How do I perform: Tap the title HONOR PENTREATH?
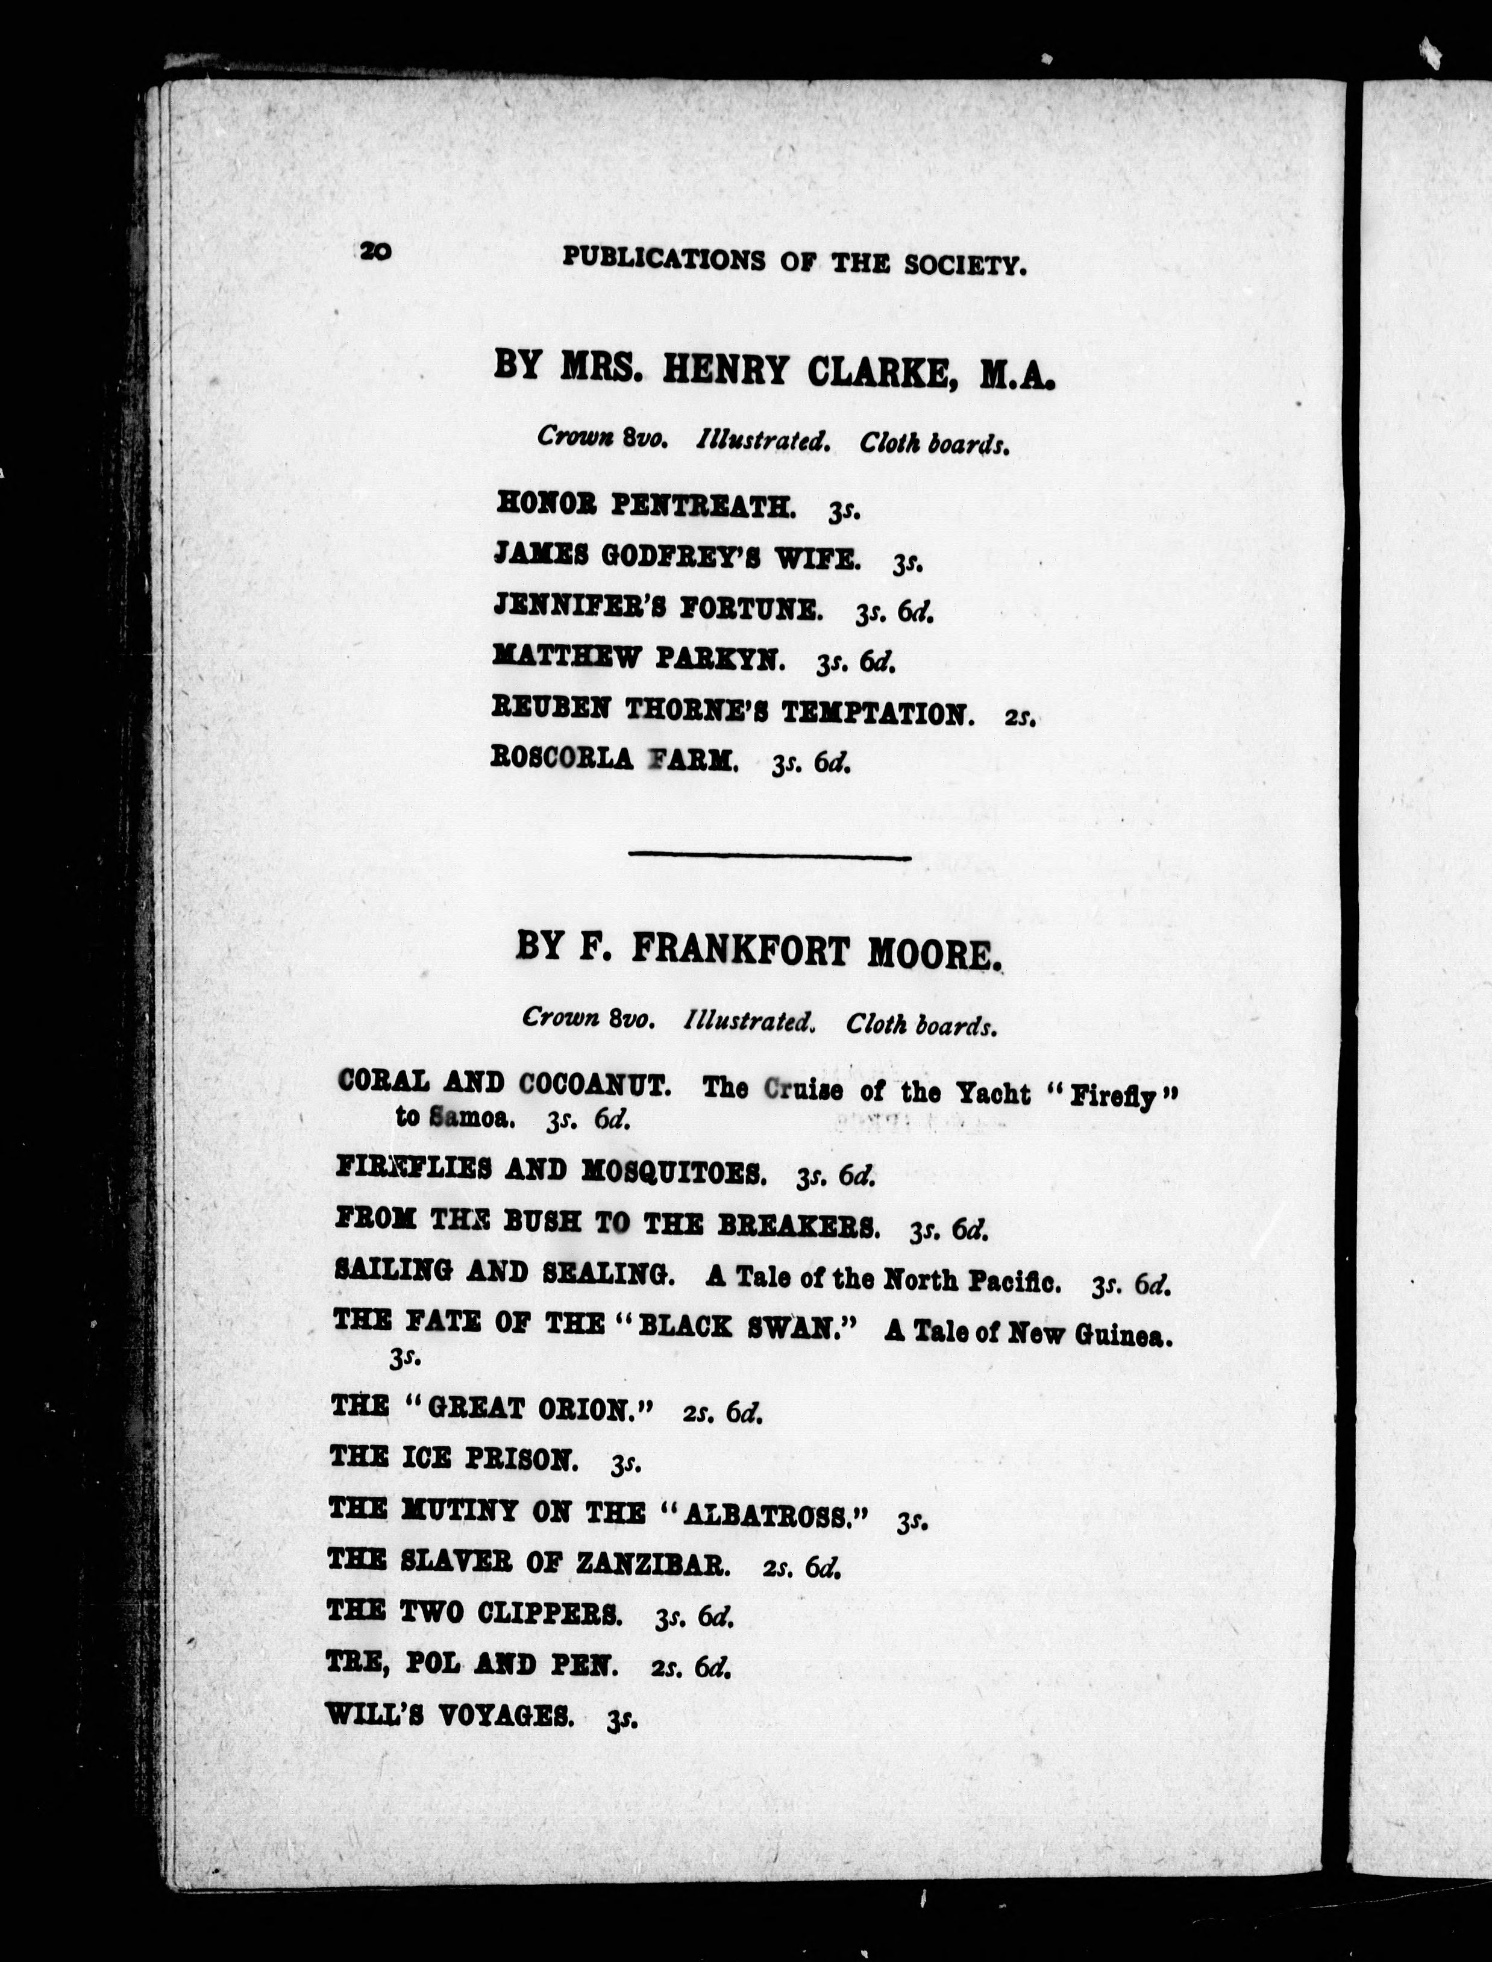[645, 506]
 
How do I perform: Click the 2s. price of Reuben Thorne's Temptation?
[1020, 716]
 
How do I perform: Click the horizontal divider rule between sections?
[769, 857]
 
